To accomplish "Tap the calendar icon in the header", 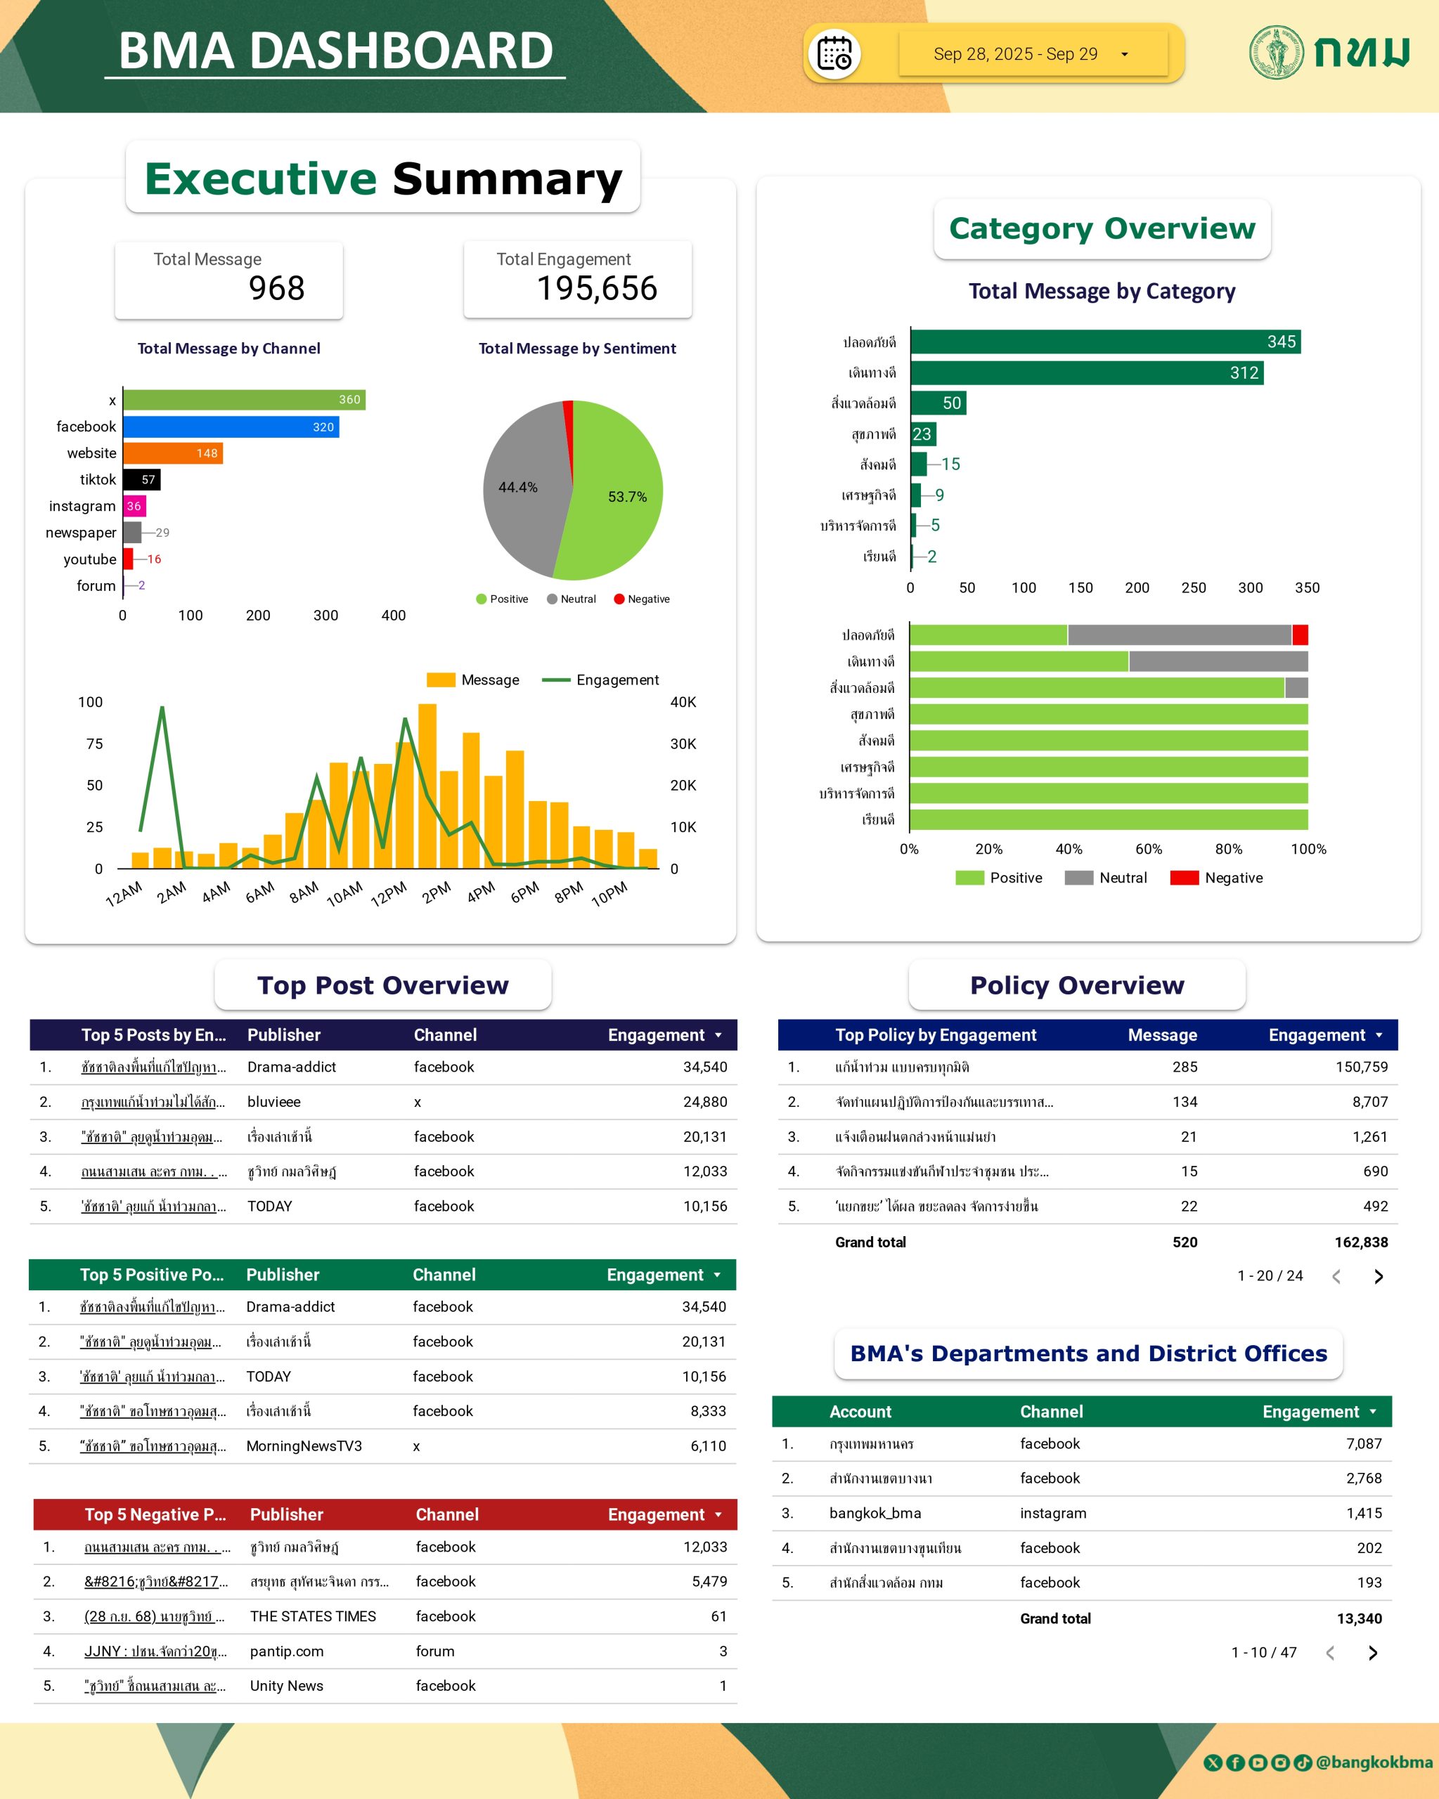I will pyautogui.click(x=834, y=54).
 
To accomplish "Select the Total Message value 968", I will pyautogui.click(x=276, y=289).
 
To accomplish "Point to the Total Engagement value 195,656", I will pyautogui.click(x=597, y=289).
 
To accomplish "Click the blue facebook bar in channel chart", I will pyautogui.click(x=231, y=427).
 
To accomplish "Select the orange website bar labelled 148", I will pyautogui.click(x=173, y=453).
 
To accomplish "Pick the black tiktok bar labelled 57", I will pyautogui.click(x=141, y=480).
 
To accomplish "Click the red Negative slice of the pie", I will pyautogui.click(x=569, y=417).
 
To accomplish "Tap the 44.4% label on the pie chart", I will pyautogui.click(x=517, y=487).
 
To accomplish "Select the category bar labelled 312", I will pyautogui.click(x=1086, y=373).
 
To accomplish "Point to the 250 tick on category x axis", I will pyautogui.click(x=1194, y=587).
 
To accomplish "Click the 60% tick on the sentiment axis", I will pyautogui.click(x=1149, y=849).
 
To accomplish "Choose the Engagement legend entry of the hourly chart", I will pyautogui.click(x=601, y=680).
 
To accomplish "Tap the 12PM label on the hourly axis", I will pyautogui.click(x=389, y=894).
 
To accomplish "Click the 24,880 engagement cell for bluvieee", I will pyautogui.click(x=704, y=1101).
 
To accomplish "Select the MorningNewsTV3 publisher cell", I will pyautogui.click(x=304, y=1446).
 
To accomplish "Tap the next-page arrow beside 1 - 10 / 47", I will pyautogui.click(x=1373, y=1653).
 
